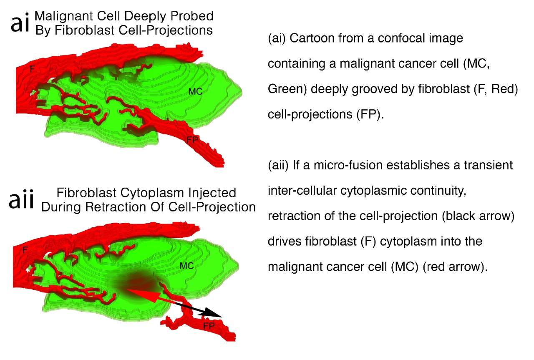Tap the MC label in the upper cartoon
coord(195,91)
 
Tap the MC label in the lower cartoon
coord(186,265)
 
